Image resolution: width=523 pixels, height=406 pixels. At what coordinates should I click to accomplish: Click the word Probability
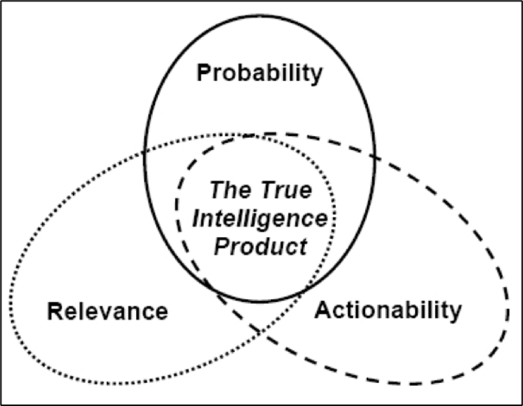pyautogui.click(x=260, y=74)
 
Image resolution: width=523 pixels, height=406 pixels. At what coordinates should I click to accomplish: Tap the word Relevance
pyautogui.click(x=107, y=311)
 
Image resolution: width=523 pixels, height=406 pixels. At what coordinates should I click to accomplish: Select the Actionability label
pyautogui.click(x=388, y=309)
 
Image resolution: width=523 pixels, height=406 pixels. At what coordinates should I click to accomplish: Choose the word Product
pyautogui.click(x=260, y=246)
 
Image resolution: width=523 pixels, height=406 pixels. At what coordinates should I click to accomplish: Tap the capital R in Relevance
pyautogui.click(x=54, y=311)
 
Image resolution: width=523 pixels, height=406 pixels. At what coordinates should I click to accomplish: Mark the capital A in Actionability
pyautogui.click(x=323, y=309)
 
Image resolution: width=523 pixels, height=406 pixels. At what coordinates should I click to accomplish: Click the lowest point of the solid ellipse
pyautogui.click(x=259, y=302)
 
